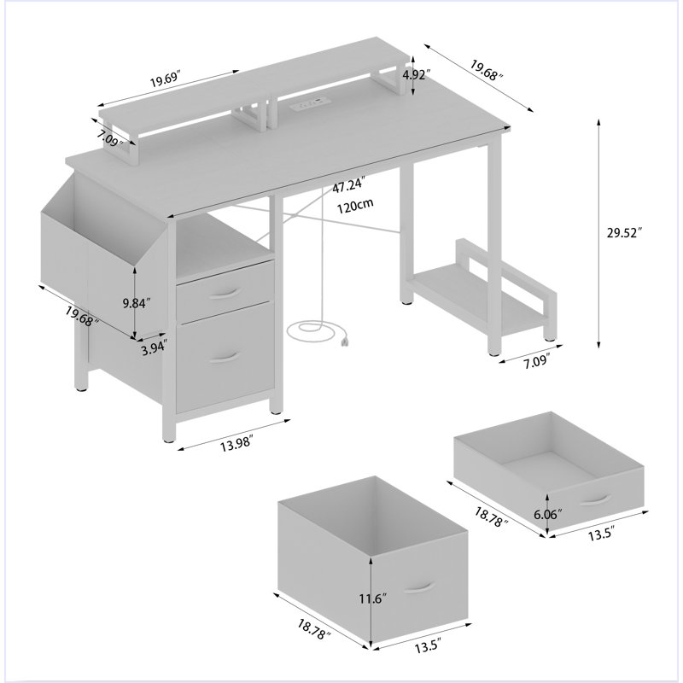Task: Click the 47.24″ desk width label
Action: pyautogui.click(x=348, y=186)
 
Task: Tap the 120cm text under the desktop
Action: pyautogui.click(x=355, y=206)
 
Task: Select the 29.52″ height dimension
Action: pyautogui.click(x=625, y=232)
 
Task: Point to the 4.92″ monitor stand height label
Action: pyautogui.click(x=417, y=75)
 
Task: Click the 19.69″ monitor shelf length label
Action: pyautogui.click(x=165, y=80)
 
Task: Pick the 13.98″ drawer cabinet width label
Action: pyautogui.click(x=236, y=445)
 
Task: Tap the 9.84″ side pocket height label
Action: pyautogui.click(x=137, y=303)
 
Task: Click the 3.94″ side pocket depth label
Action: pyautogui.click(x=154, y=348)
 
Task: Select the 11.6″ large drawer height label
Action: pyautogui.click(x=373, y=599)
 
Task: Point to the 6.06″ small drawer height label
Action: pyautogui.click(x=548, y=515)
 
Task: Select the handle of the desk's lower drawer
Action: pyautogui.click(x=225, y=357)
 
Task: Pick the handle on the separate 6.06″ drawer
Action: pyautogui.click(x=596, y=500)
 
